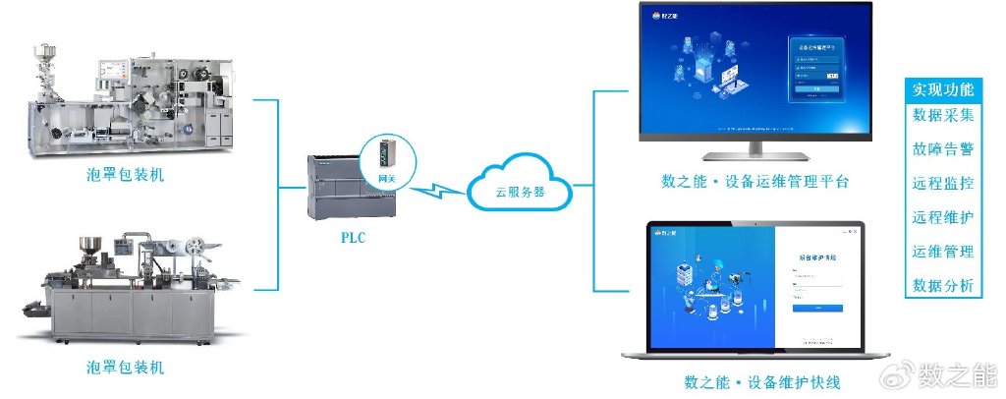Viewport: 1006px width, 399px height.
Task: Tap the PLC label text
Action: point(353,237)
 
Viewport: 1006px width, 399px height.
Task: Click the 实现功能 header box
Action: point(943,89)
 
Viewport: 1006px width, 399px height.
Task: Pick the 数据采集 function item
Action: point(943,115)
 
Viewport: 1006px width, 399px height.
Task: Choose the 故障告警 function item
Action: point(943,149)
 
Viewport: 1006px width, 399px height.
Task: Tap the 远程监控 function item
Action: point(943,184)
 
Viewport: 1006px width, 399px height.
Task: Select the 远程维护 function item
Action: point(943,217)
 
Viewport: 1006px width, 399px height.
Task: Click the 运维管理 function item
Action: point(943,252)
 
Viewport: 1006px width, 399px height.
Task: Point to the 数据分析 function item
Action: point(943,286)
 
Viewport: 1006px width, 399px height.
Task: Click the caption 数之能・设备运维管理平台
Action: point(754,182)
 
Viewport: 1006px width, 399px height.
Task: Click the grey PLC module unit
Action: point(334,187)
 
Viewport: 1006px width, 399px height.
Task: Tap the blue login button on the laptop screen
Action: point(817,309)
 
